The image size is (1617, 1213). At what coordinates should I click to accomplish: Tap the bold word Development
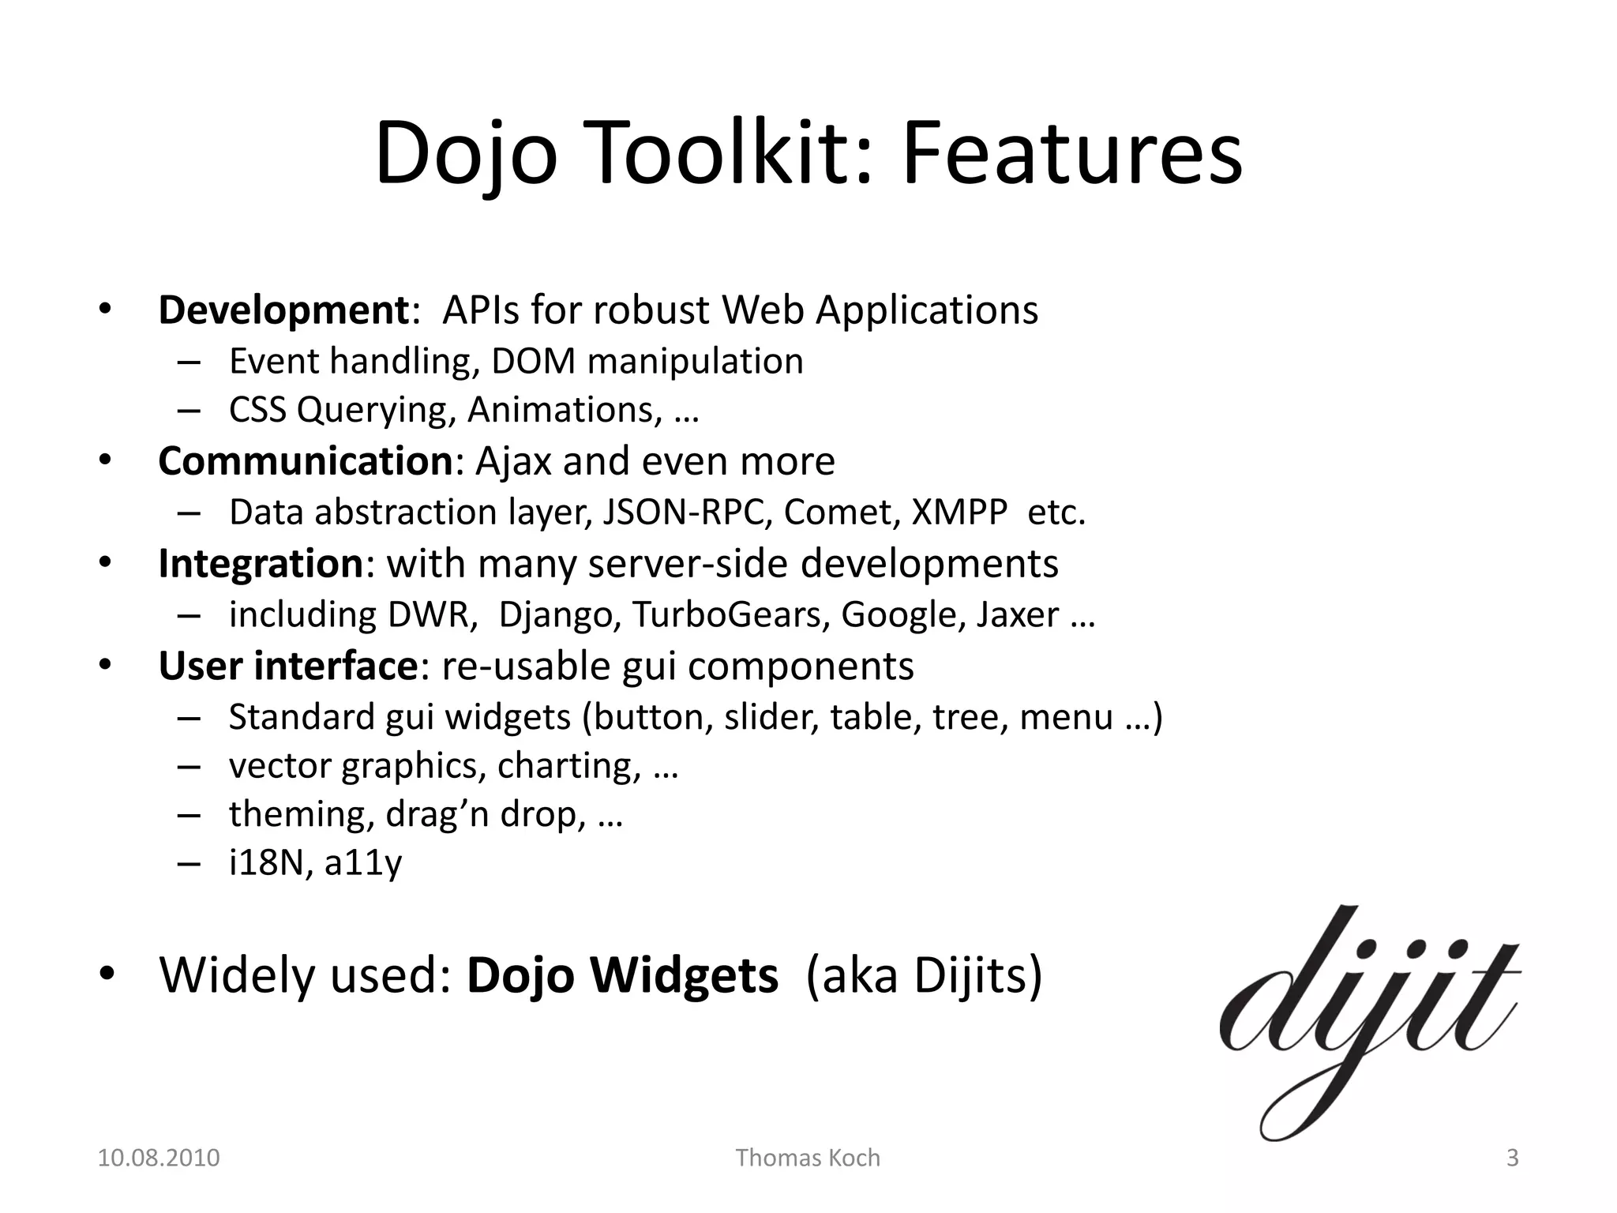pos(283,310)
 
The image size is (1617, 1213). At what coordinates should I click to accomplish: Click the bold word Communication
pos(305,461)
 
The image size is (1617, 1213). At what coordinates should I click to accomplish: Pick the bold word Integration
pos(261,564)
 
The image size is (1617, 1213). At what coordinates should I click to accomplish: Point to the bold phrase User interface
pos(287,667)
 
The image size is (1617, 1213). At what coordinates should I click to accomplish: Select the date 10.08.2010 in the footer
pos(158,1158)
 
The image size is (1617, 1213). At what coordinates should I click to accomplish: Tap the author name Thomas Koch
pos(808,1158)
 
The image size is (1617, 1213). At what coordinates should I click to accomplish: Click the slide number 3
pos(1512,1158)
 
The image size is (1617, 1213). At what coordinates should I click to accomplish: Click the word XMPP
pos(959,513)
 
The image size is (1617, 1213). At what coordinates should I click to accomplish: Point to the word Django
pos(557,615)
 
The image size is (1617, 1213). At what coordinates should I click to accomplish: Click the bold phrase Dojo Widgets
pos(622,975)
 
